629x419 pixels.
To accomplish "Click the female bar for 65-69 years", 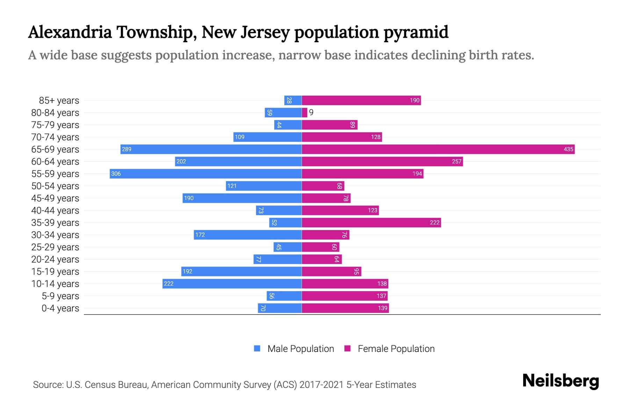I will [x=438, y=149].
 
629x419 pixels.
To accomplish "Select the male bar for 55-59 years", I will [x=205, y=174].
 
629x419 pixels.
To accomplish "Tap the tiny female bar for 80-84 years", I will [x=304, y=113].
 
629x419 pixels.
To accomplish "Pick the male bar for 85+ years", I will [x=293, y=101].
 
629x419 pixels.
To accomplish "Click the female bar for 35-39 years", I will [x=371, y=223].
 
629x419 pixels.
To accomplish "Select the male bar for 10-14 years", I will [x=232, y=284].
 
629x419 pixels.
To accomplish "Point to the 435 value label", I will [x=568, y=149].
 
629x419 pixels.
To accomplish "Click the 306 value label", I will [x=116, y=174].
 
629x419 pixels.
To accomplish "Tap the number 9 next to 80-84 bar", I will [x=311, y=113].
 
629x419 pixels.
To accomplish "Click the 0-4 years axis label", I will [x=60, y=308].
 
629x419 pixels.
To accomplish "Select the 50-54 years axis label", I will [x=55, y=186].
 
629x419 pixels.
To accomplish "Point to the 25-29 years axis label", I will [x=55, y=247].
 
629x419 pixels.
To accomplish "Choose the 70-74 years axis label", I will [x=55, y=137].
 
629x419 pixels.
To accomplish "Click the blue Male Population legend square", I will [x=257, y=348].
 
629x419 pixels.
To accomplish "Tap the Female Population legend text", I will [x=396, y=349].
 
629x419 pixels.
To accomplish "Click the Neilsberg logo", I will [x=561, y=381].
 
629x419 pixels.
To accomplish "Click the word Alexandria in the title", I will [x=70, y=32].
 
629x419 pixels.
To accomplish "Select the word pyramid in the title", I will [x=416, y=32].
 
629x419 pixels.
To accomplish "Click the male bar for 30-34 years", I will [x=248, y=235].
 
